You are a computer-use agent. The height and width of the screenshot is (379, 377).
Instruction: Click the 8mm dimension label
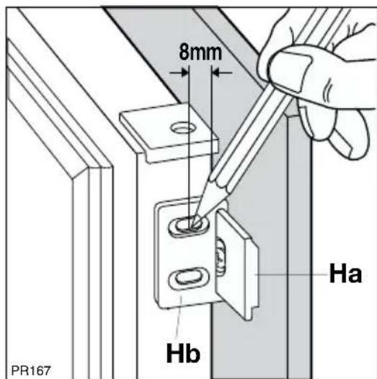(x=200, y=53)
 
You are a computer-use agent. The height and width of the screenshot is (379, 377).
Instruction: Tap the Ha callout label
(x=345, y=273)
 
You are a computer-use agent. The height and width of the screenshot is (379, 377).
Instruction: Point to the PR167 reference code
(x=31, y=370)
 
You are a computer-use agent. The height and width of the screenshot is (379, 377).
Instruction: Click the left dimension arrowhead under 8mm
(x=184, y=72)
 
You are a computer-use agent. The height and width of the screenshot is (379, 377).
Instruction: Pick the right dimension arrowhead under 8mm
(x=216, y=72)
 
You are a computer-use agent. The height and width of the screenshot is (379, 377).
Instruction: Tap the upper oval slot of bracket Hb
(x=189, y=226)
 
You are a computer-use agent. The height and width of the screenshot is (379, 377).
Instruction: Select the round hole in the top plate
(x=183, y=128)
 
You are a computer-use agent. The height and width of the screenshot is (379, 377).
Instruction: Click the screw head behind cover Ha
(x=221, y=257)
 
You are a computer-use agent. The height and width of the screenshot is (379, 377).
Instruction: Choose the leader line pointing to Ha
(x=290, y=274)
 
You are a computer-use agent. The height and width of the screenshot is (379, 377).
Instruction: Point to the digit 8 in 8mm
(x=184, y=53)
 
